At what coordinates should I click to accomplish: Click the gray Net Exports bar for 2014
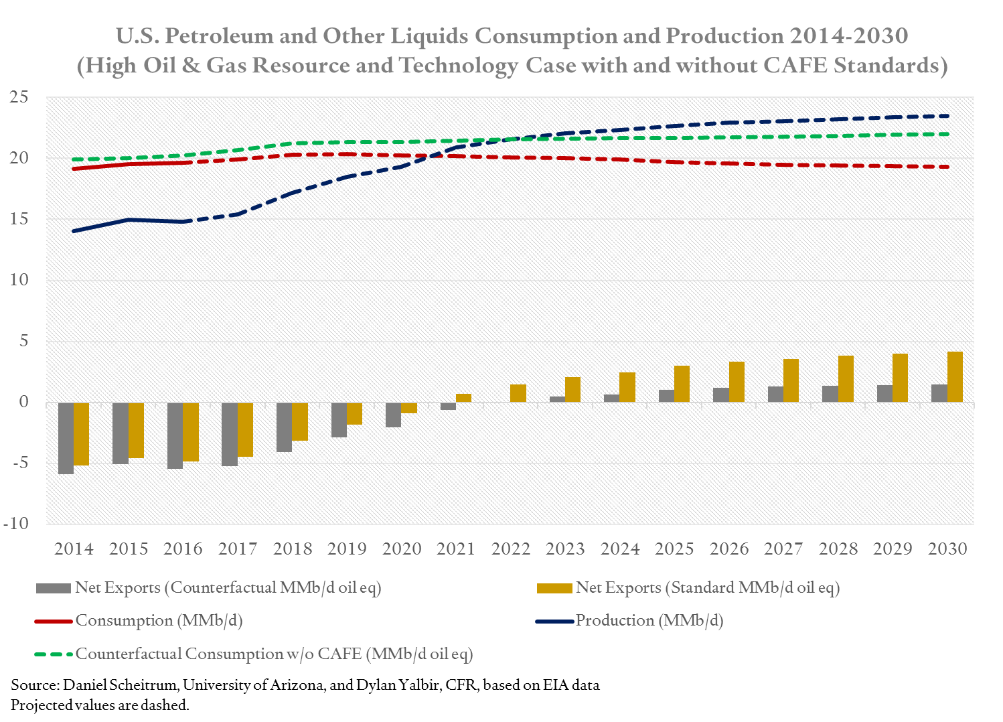coord(66,438)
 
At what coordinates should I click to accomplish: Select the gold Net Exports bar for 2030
coord(955,377)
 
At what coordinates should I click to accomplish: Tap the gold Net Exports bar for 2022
coord(518,393)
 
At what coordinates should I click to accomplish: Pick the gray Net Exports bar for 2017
coord(230,434)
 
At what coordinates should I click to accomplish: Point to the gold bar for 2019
coord(355,414)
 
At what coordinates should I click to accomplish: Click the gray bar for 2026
coord(721,395)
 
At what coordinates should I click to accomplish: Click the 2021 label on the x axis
coord(456,549)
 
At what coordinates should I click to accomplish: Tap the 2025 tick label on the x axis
coord(674,549)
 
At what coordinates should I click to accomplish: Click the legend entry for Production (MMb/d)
coord(649,621)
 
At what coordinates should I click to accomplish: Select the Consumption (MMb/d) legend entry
coord(159,621)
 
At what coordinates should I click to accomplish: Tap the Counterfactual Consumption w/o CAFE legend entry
coord(274,654)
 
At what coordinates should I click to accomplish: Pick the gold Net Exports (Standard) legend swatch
coord(554,588)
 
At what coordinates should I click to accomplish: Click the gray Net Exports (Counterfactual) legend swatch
coord(54,588)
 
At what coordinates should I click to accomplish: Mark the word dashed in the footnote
coord(167,705)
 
